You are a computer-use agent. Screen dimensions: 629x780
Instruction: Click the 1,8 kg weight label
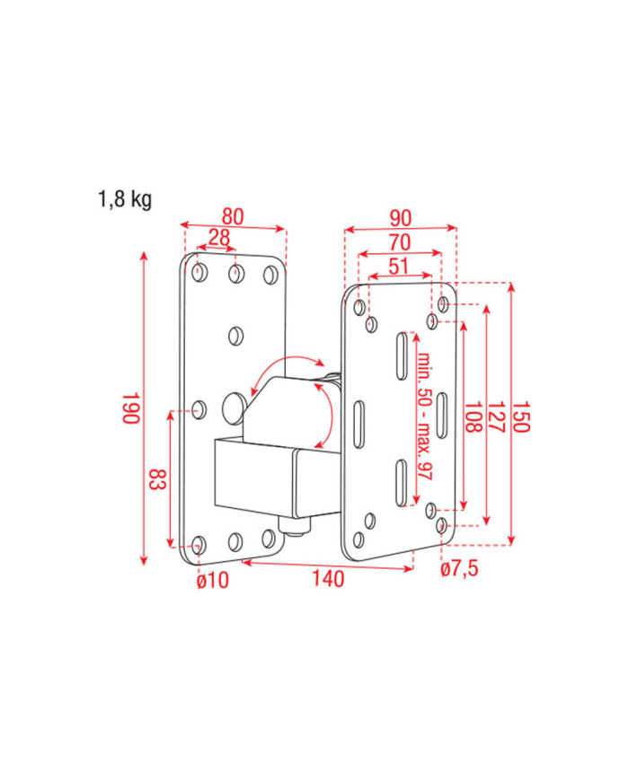125,199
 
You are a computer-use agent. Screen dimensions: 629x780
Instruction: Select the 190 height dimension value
130,408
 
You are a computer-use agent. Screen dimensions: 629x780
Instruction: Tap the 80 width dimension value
233,217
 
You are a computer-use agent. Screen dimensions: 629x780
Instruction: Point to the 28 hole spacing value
219,238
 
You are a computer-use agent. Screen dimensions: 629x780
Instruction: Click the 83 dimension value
157,478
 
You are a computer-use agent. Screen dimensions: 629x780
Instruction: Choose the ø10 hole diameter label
213,580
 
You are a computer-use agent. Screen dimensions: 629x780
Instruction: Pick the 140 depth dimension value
328,579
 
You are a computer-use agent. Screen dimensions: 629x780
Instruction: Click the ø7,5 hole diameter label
459,568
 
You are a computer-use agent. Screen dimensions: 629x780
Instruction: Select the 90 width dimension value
401,218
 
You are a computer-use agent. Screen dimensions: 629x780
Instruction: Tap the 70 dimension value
400,242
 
